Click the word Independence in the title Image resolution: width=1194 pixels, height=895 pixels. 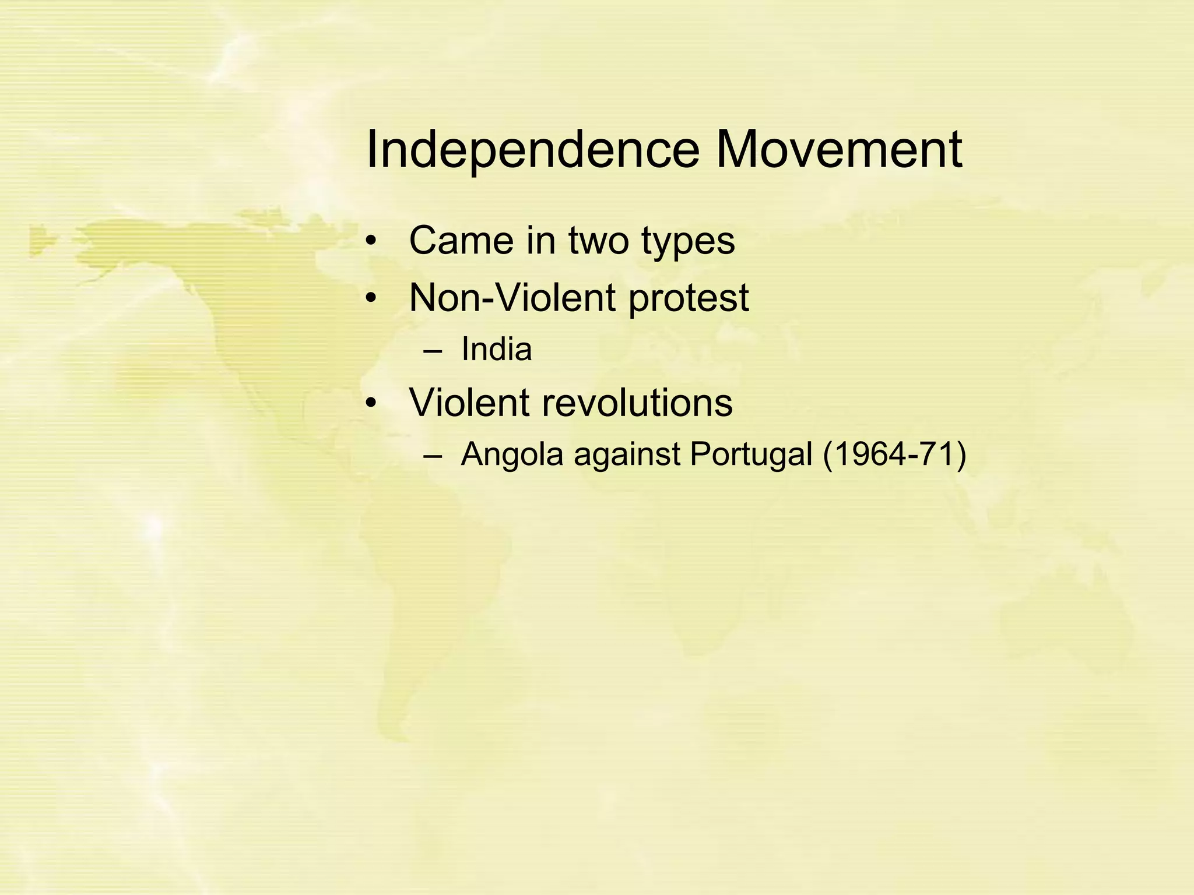pos(532,150)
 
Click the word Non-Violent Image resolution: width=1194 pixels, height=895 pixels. pos(512,298)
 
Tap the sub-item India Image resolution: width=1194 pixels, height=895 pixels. pos(496,350)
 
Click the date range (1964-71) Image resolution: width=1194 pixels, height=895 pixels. pos(894,454)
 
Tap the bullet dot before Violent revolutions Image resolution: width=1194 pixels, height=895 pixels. pos(371,404)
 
